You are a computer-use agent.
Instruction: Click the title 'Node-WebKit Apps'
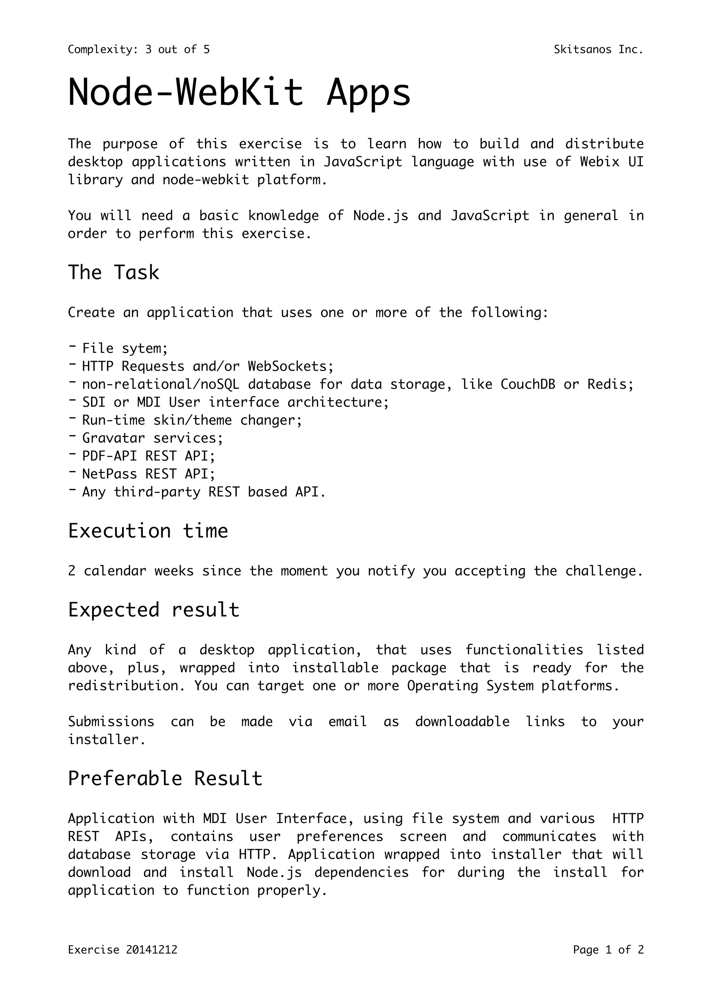[240, 92]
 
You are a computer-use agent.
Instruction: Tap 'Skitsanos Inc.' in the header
[598, 50]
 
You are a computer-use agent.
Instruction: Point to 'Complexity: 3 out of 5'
[139, 50]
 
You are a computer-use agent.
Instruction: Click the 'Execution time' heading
[148, 531]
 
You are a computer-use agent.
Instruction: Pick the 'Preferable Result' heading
[165, 779]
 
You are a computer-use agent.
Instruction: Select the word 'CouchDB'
[527, 384]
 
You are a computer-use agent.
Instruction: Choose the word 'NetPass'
[109, 474]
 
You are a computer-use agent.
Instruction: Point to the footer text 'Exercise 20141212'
[123, 962]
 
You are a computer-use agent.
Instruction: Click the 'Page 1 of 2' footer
[608, 962]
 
